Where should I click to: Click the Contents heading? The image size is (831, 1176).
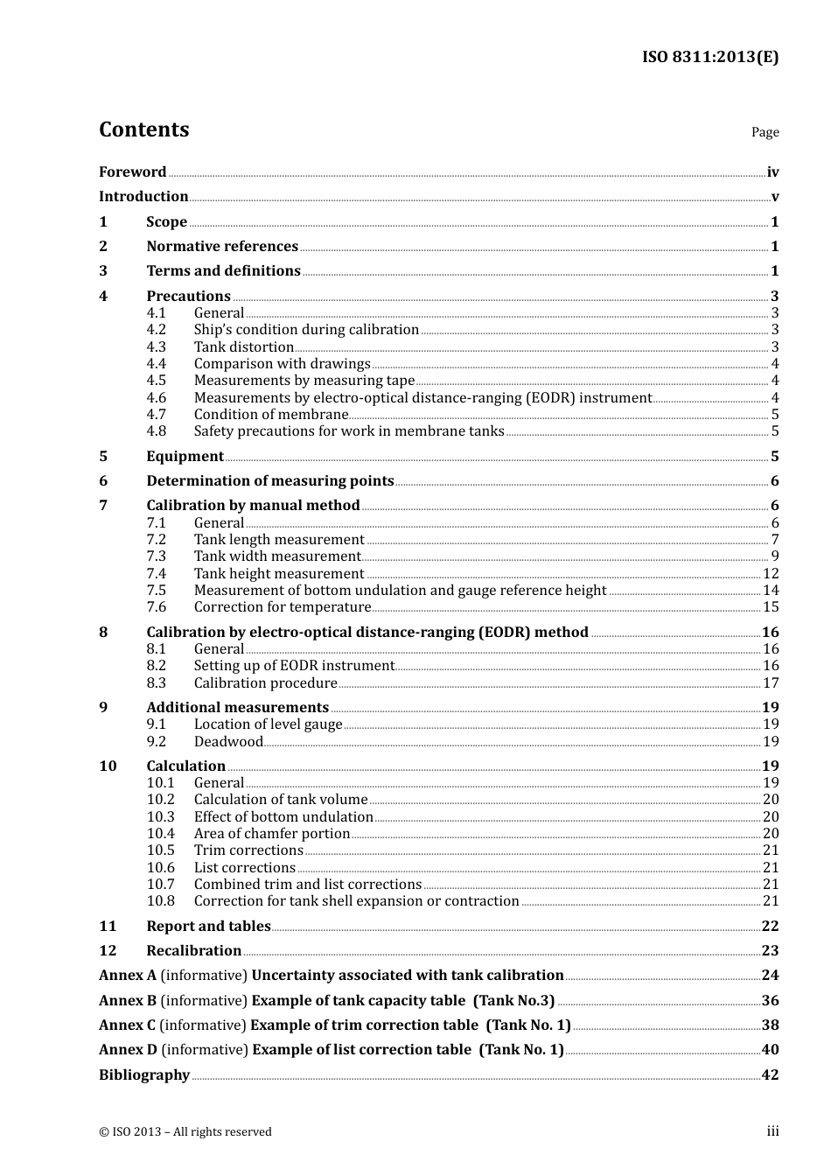tap(143, 129)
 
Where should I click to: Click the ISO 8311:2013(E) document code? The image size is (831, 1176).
tap(709, 58)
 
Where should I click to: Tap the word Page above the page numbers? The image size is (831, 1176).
tap(765, 132)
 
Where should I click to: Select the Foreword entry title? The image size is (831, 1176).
tap(132, 172)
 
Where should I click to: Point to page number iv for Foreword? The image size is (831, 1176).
tap(772, 172)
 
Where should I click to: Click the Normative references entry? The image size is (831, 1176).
tap(222, 247)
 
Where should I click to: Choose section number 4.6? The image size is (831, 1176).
tap(156, 398)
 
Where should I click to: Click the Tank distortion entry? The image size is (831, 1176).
tap(243, 347)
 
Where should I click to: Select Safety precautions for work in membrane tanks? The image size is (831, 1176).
tap(348, 431)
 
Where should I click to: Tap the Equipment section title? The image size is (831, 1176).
tap(185, 457)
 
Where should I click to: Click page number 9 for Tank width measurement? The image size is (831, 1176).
tap(774, 556)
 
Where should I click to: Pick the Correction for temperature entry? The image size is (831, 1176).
tap(282, 607)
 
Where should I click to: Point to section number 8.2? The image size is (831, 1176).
tap(156, 666)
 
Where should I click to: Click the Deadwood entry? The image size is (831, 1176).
tap(227, 742)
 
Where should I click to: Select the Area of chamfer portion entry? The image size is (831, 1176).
tap(271, 834)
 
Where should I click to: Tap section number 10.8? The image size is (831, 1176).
tap(160, 901)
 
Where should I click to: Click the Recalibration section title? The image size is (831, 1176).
tap(193, 951)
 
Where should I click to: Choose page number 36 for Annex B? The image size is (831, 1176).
tap(770, 1001)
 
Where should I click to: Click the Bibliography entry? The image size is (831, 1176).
tap(143, 1075)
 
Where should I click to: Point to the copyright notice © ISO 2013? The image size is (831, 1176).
tap(185, 1132)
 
